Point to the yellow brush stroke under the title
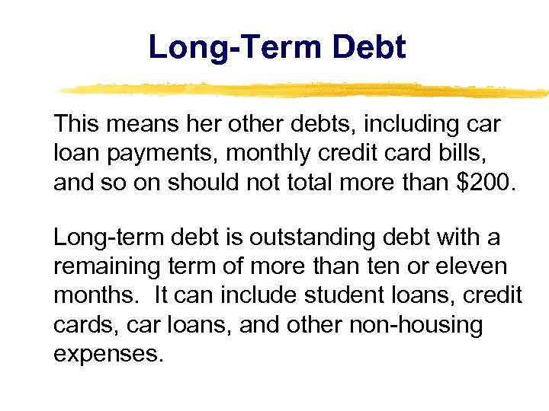point(305,90)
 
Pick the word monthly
point(255,154)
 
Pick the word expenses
point(108,353)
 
